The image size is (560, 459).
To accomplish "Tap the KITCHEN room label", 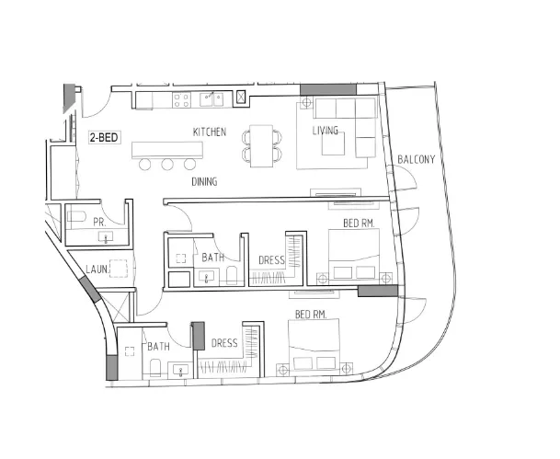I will pyautogui.click(x=209, y=132).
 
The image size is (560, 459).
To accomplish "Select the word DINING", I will pyautogui.click(x=204, y=182).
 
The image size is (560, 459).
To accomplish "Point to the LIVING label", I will pyautogui.click(x=325, y=131).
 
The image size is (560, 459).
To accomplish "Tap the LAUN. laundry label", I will pyautogui.click(x=97, y=270).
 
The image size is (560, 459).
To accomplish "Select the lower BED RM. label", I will pyautogui.click(x=310, y=315).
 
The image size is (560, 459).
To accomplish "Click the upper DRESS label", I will pyautogui.click(x=270, y=260).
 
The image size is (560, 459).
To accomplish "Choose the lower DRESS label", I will pyautogui.click(x=225, y=344).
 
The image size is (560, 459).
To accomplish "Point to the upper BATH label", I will pyautogui.click(x=213, y=258).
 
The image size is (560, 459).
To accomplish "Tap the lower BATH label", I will pyautogui.click(x=158, y=347).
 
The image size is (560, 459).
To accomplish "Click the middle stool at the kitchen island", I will pyautogui.click(x=167, y=165).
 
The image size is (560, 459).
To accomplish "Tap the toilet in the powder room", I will pyautogui.click(x=77, y=220).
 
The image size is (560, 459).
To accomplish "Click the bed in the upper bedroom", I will pyautogui.click(x=354, y=258).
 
